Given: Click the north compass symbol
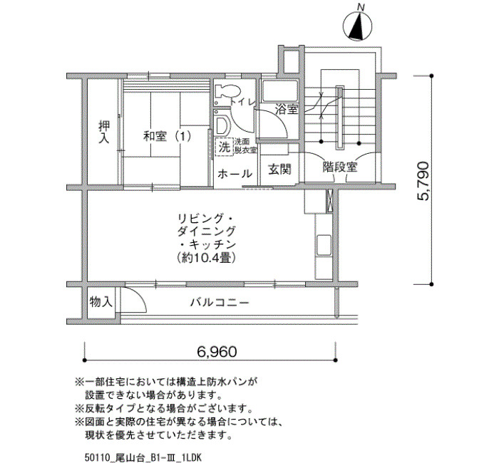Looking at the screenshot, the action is click(357, 26).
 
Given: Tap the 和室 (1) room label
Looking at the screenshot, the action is click(167, 137).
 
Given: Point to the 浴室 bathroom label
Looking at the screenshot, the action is click(287, 110).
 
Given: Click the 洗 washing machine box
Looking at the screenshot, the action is click(225, 147).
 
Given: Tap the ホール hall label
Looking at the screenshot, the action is click(235, 174).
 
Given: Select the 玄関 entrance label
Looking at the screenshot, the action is click(279, 169).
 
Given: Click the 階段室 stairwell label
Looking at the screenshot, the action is click(340, 167).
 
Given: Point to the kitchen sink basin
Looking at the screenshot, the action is click(324, 245).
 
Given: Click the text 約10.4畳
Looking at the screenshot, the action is click(207, 258).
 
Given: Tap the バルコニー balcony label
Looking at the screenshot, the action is click(220, 302).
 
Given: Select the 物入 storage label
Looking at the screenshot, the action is click(101, 301).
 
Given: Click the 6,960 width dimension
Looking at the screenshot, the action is click(217, 352).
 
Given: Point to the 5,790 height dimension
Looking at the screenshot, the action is click(423, 181).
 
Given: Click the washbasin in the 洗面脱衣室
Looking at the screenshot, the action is click(222, 125).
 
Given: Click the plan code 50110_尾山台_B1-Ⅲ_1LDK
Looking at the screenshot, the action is click(143, 457).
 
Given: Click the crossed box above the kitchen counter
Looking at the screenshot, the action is click(329, 201).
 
